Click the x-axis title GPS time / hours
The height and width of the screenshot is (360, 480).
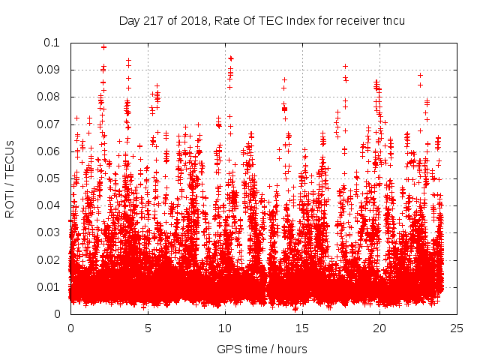click(262, 349)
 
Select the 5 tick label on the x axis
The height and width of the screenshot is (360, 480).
click(148, 328)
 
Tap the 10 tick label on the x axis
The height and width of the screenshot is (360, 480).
click(225, 328)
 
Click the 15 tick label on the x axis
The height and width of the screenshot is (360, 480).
click(302, 328)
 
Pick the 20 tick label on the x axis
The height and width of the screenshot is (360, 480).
click(379, 328)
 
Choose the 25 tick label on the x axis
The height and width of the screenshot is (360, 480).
click(457, 328)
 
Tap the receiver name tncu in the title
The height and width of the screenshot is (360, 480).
click(391, 20)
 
